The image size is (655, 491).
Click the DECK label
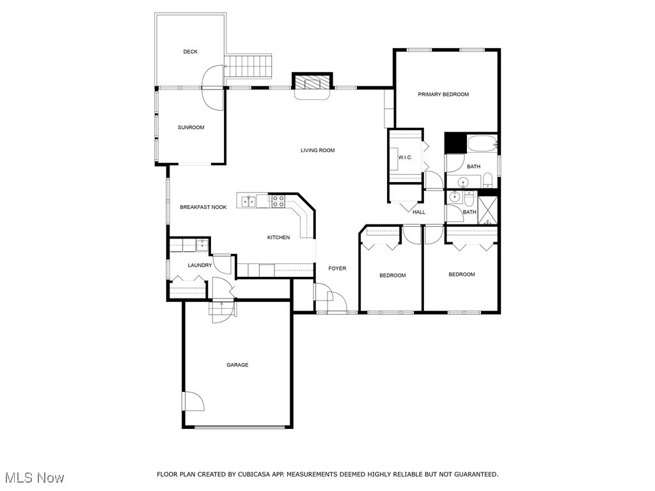[x=190, y=52]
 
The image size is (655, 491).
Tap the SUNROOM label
[x=191, y=127]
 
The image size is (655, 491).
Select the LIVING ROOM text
[x=318, y=150]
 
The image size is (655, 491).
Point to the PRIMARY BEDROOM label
[x=443, y=94]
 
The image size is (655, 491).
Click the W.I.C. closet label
[x=405, y=157]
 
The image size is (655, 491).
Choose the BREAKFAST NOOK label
[x=203, y=207]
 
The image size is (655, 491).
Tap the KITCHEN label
[x=278, y=237]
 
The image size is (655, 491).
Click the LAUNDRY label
[x=200, y=265]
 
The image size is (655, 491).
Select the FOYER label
[x=337, y=269]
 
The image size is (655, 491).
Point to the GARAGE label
[x=237, y=365]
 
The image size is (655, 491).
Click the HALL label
[x=419, y=212]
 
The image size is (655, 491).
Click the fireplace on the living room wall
[x=312, y=84]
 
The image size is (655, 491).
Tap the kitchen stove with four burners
[x=278, y=201]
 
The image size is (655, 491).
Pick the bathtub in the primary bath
[x=482, y=144]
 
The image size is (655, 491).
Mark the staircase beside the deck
[x=248, y=66]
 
